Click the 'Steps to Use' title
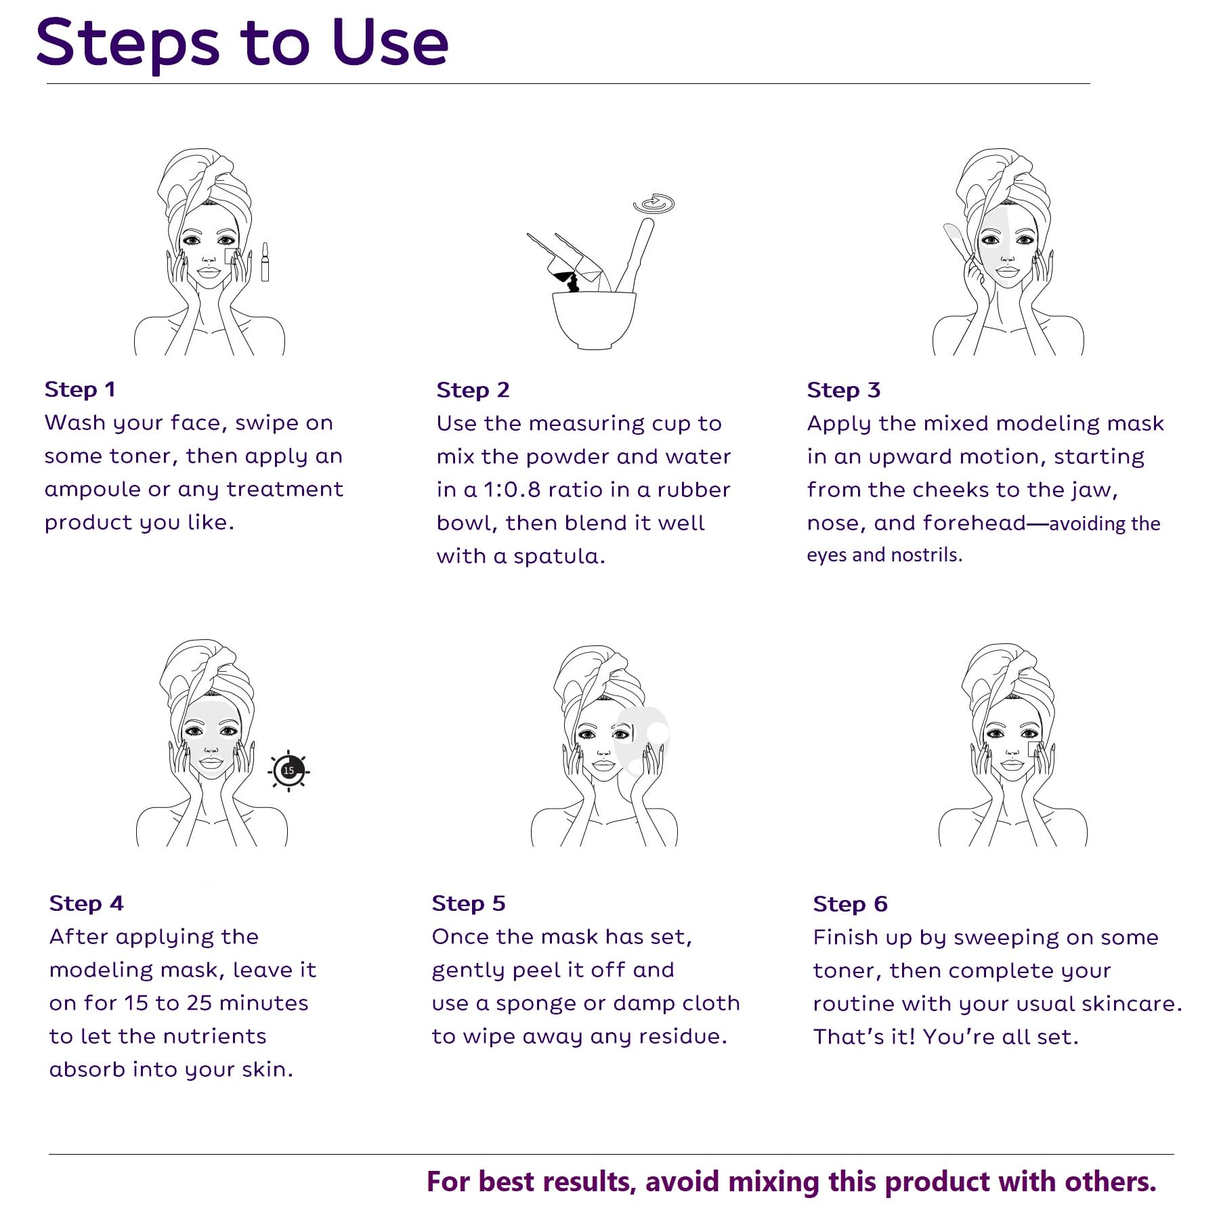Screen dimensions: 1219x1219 pyautogui.click(x=242, y=42)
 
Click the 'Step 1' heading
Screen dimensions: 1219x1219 pyautogui.click(x=80, y=389)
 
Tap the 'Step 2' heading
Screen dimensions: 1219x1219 pyautogui.click(x=473, y=390)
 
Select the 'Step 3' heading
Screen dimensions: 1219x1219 pyautogui.click(x=843, y=390)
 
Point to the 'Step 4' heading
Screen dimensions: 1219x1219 pyautogui.click(x=86, y=903)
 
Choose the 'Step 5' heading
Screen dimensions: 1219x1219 pyautogui.click(x=469, y=903)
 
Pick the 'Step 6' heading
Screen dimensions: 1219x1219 pyautogui.click(x=850, y=904)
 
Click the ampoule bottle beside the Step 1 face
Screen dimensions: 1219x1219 pyautogui.click(x=265, y=262)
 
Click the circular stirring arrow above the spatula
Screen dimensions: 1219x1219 pyautogui.click(x=654, y=204)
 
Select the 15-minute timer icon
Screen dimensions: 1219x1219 pyautogui.click(x=289, y=771)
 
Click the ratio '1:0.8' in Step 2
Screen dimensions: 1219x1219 pyautogui.click(x=511, y=490)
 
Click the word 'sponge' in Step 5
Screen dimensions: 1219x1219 pyautogui.click(x=535, y=1004)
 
